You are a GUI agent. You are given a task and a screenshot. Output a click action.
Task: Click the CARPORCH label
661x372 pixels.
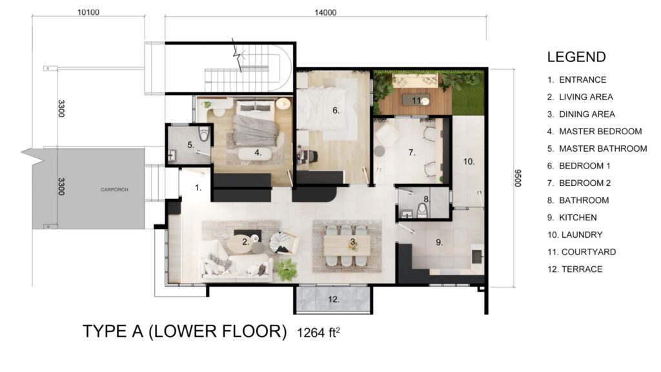coord(114,190)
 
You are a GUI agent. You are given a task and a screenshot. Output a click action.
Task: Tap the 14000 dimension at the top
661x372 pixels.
coord(325,13)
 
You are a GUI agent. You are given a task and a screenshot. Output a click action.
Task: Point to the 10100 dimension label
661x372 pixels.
coord(88,13)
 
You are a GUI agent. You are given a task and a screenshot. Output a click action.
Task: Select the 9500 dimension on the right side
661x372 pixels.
coord(518,178)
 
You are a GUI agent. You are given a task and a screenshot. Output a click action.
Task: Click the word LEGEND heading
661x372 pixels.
coord(576,57)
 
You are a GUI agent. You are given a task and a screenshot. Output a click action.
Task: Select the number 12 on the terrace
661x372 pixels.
coord(334,300)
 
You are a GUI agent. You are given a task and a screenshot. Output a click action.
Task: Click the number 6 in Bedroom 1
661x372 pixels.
coord(336,110)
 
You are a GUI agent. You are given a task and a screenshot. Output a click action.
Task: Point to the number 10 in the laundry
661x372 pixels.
coord(469,161)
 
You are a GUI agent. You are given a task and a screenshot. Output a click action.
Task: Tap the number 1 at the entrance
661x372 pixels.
coord(198,188)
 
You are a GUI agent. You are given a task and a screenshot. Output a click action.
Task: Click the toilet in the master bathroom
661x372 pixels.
coord(205,134)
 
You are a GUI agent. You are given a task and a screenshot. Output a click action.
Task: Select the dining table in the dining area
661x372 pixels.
coord(347,245)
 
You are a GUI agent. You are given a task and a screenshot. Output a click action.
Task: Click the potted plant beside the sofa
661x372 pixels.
coord(287,269)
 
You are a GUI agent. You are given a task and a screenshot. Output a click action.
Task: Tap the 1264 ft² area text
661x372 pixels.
coord(318,333)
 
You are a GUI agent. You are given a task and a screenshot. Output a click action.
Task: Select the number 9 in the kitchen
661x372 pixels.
coord(439,243)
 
